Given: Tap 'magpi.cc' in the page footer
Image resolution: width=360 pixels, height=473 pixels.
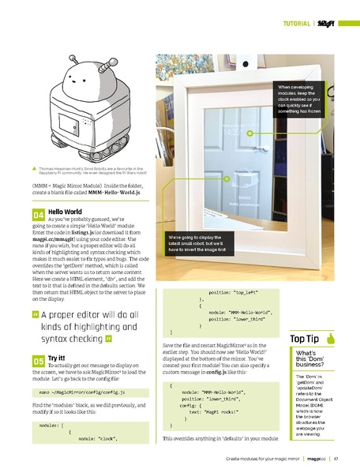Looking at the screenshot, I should click(317, 458).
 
